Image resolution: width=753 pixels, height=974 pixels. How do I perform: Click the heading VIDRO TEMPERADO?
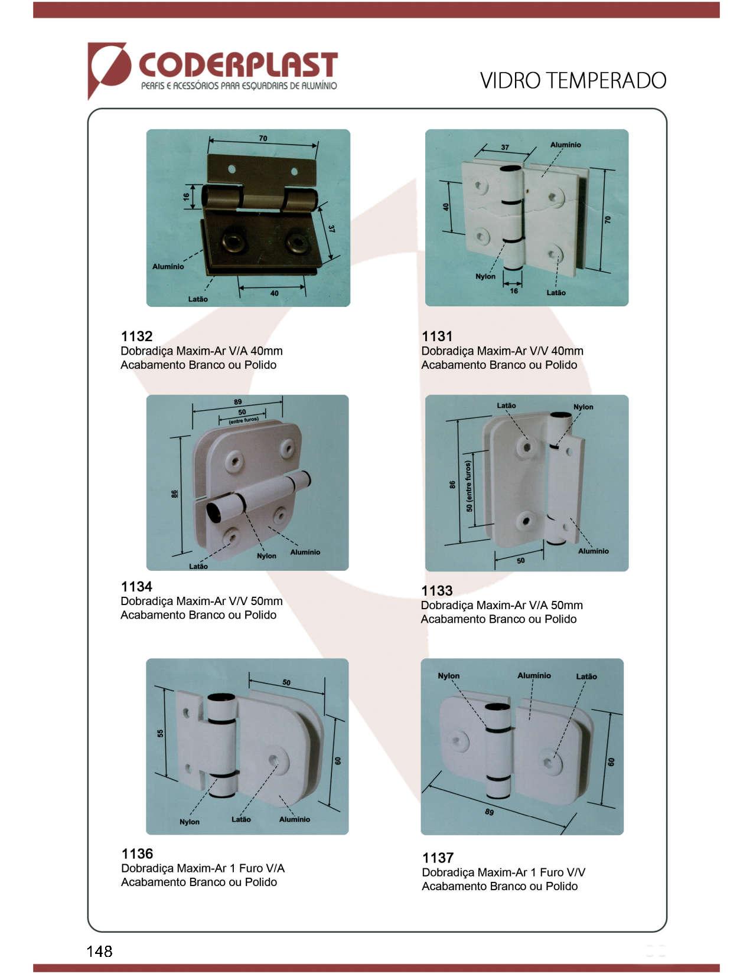coord(573,81)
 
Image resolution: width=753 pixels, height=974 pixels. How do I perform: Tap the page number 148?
coord(99,951)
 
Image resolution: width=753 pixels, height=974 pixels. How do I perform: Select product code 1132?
coord(137,336)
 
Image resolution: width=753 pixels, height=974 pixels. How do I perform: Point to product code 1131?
coord(437,336)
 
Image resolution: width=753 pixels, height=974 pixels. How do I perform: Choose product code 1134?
coord(137,586)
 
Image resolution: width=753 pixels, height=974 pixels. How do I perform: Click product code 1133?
coord(437,591)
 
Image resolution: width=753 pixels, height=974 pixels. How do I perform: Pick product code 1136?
coord(137,854)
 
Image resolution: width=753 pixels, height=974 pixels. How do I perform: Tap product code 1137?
coord(438,858)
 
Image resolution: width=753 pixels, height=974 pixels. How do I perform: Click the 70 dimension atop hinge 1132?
coord(263,139)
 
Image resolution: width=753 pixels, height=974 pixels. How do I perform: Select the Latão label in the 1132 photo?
coord(198,299)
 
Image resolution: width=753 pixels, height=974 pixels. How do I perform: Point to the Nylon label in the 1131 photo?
coord(485,276)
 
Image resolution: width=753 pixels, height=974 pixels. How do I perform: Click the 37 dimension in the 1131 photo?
coord(505,147)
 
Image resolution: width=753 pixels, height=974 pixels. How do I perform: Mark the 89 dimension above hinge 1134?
coord(237,402)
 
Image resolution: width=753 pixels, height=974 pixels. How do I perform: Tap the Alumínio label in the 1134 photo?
coord(305,552)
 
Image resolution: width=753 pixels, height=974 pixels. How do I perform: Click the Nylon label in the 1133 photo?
coord(583,407)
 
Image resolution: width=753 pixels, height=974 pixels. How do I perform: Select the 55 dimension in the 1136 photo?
coord(161,733)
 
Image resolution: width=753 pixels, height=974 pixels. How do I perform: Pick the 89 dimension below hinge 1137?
coord(489,812)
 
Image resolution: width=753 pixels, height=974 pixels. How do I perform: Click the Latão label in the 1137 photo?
coord(586,676)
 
